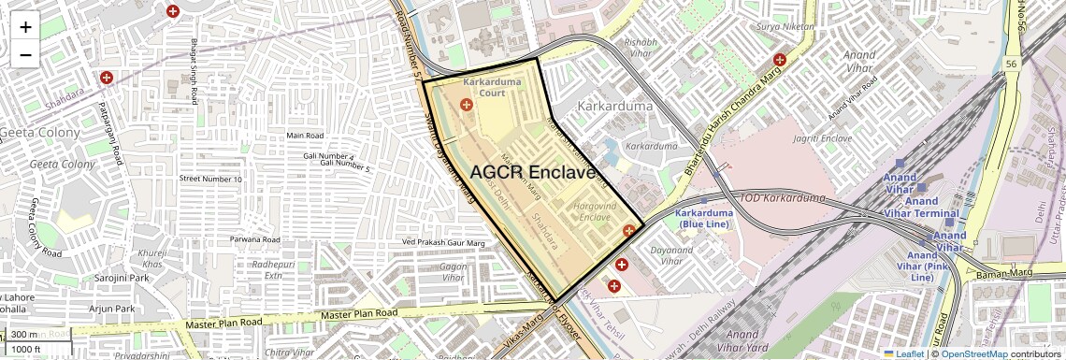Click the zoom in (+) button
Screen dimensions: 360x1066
point(25,26)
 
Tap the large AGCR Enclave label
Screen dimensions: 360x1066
point(532,173)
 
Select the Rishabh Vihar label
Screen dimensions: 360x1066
point(641,48)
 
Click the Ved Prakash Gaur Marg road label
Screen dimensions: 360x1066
point(442,243)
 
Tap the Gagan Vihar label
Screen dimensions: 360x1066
point(453,271)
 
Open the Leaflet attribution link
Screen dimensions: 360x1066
point(906,353)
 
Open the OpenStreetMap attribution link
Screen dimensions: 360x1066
point(973,353)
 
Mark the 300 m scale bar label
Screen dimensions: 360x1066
point(24,335)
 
